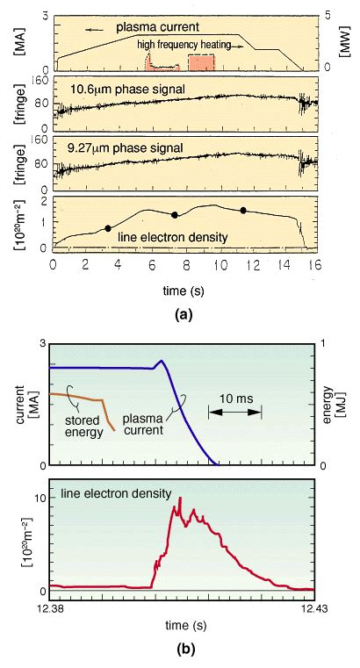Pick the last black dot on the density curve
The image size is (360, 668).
pyautogui.click(x=243, y=210)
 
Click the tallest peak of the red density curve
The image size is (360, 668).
pyautogui.click(x=180, y=499)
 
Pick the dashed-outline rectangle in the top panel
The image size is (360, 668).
pyautogui.click(x=201, y=63)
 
